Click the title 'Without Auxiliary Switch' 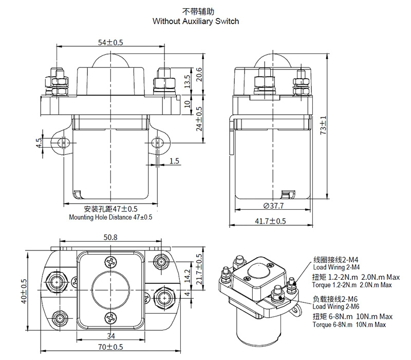coord(196,22)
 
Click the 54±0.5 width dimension coord(110,42)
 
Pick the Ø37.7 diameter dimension coord(273,206)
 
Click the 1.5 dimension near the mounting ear coord(174,161)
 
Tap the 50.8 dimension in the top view coord(110,238)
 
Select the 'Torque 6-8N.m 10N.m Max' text coord(349,325)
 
